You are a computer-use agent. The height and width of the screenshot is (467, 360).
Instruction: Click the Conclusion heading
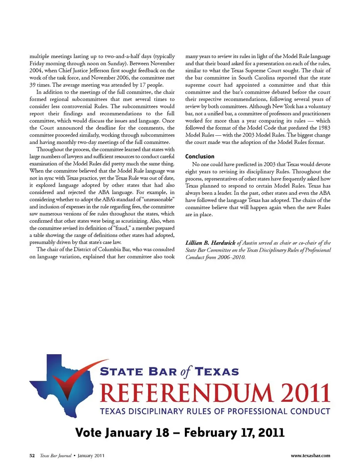click(199, 156)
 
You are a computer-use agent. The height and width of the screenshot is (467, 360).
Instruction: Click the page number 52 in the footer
click(32, 456)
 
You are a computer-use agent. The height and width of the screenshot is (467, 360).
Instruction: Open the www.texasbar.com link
click(310, 456)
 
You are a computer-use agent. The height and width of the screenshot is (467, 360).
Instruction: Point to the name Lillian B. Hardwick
click(210, 243)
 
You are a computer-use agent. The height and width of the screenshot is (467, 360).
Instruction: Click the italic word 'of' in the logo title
click(186, 371)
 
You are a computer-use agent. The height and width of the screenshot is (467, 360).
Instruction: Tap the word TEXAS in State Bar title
click(217, 372)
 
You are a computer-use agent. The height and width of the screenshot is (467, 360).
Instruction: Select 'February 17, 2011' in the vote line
click(234, 433)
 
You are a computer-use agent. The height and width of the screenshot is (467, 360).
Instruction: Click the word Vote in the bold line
click(88, 433)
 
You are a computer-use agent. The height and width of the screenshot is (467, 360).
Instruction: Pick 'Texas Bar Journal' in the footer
click(55, 456)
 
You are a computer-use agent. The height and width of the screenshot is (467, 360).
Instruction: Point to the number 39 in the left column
click(33, 85)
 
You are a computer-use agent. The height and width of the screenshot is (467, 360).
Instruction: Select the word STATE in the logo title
click(121, 372)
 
